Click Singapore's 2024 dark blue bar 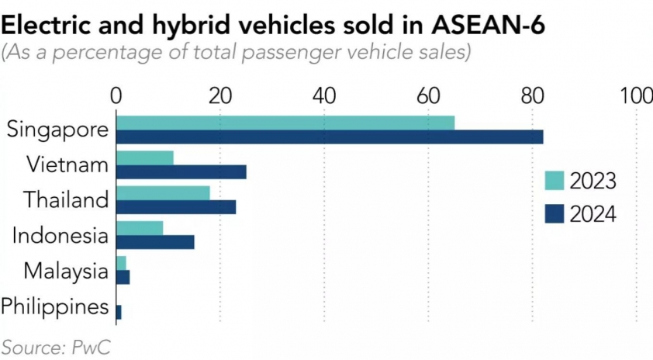click(x=330, y=137)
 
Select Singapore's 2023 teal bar click(x=285, y=123)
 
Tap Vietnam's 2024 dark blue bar click(x=181, y=171)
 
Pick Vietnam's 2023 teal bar click(x=145, y=157)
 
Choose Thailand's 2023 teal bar click(x=163, y=192)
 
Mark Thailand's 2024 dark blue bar click(x=176, y=207)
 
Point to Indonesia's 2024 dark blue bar click(x=155, y=242)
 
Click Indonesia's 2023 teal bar click(x=140, y=228)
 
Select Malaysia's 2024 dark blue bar click(x=123, y=278)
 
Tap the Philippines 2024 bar click(x=119, y=313)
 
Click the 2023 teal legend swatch click(x=553, y=181)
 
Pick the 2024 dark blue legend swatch click(x=553, y=213)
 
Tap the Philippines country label click(x=54, y=306)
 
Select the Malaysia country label click(x=65, y=272)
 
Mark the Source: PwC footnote click(x=54, y=346)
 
